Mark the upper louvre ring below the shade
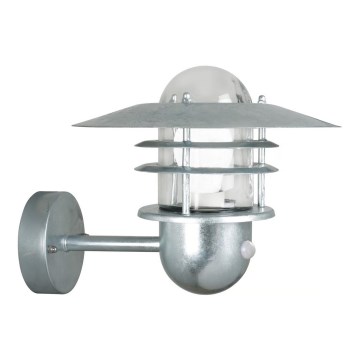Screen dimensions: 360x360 click(x=215, y=149)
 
